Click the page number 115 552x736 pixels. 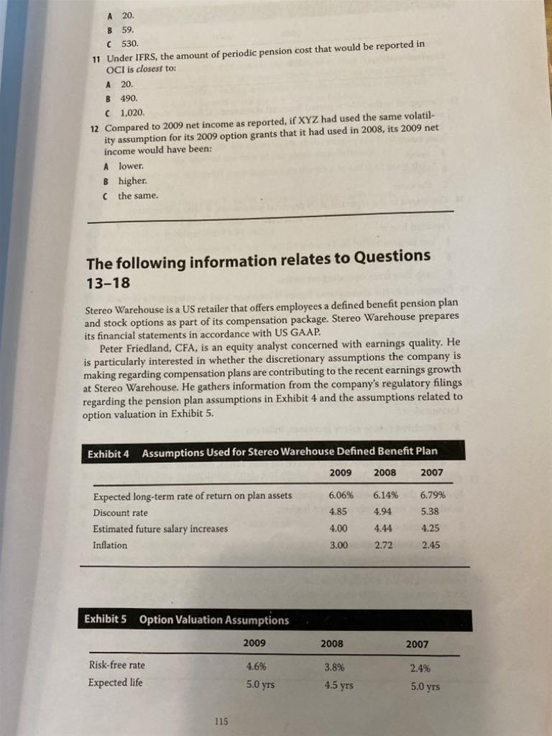coord(221,721)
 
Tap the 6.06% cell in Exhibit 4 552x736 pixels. coord(341,496)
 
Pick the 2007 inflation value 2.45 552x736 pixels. coord(431,545)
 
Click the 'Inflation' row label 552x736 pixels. coord(110,545)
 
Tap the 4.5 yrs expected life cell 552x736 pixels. coord(338,685)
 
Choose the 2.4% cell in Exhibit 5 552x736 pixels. coord(419,668)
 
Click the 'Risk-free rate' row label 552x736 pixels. coord(116,665)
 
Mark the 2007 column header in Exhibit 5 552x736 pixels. coord(417,644)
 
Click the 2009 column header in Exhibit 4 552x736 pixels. coord(341,473)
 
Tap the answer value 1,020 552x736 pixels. coord(133,112)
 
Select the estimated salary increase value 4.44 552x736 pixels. coord(385,528)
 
